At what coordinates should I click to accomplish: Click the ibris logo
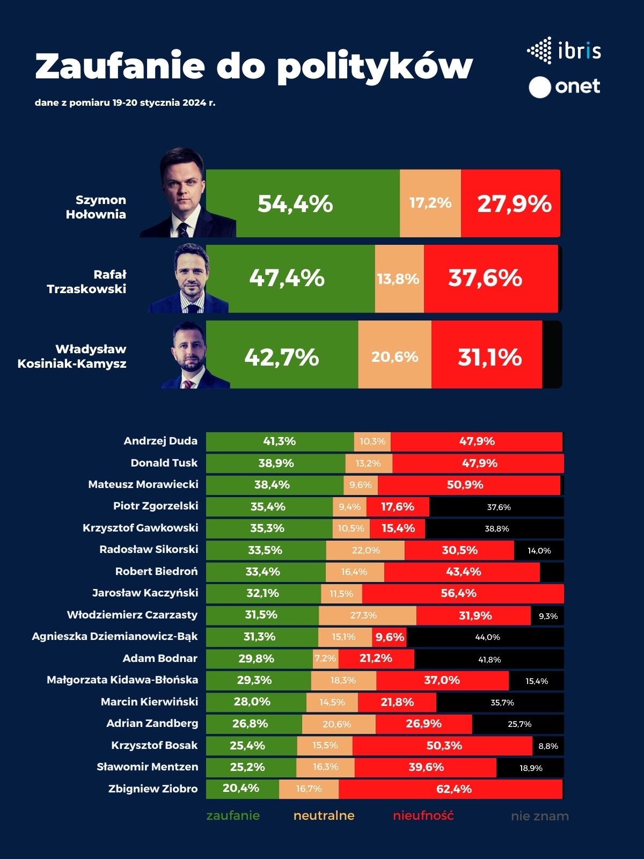click(564, 51)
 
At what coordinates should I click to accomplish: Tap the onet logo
click(565, 87)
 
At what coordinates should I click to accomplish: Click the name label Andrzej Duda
click(160, 441)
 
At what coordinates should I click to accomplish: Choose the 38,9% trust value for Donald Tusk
click(276, 463)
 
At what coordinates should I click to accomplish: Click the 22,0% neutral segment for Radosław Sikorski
click(365, 550)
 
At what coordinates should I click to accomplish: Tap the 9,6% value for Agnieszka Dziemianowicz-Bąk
click(390, 637)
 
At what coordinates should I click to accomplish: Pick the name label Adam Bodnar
click(160, 658)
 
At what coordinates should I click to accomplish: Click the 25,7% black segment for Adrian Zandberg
click(518, 724)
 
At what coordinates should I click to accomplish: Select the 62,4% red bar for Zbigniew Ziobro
click(451, 789)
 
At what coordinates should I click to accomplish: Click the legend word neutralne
click(324, 816)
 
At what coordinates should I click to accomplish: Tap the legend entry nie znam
click(539, 816)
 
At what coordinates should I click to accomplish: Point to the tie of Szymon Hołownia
click(183, 229)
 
